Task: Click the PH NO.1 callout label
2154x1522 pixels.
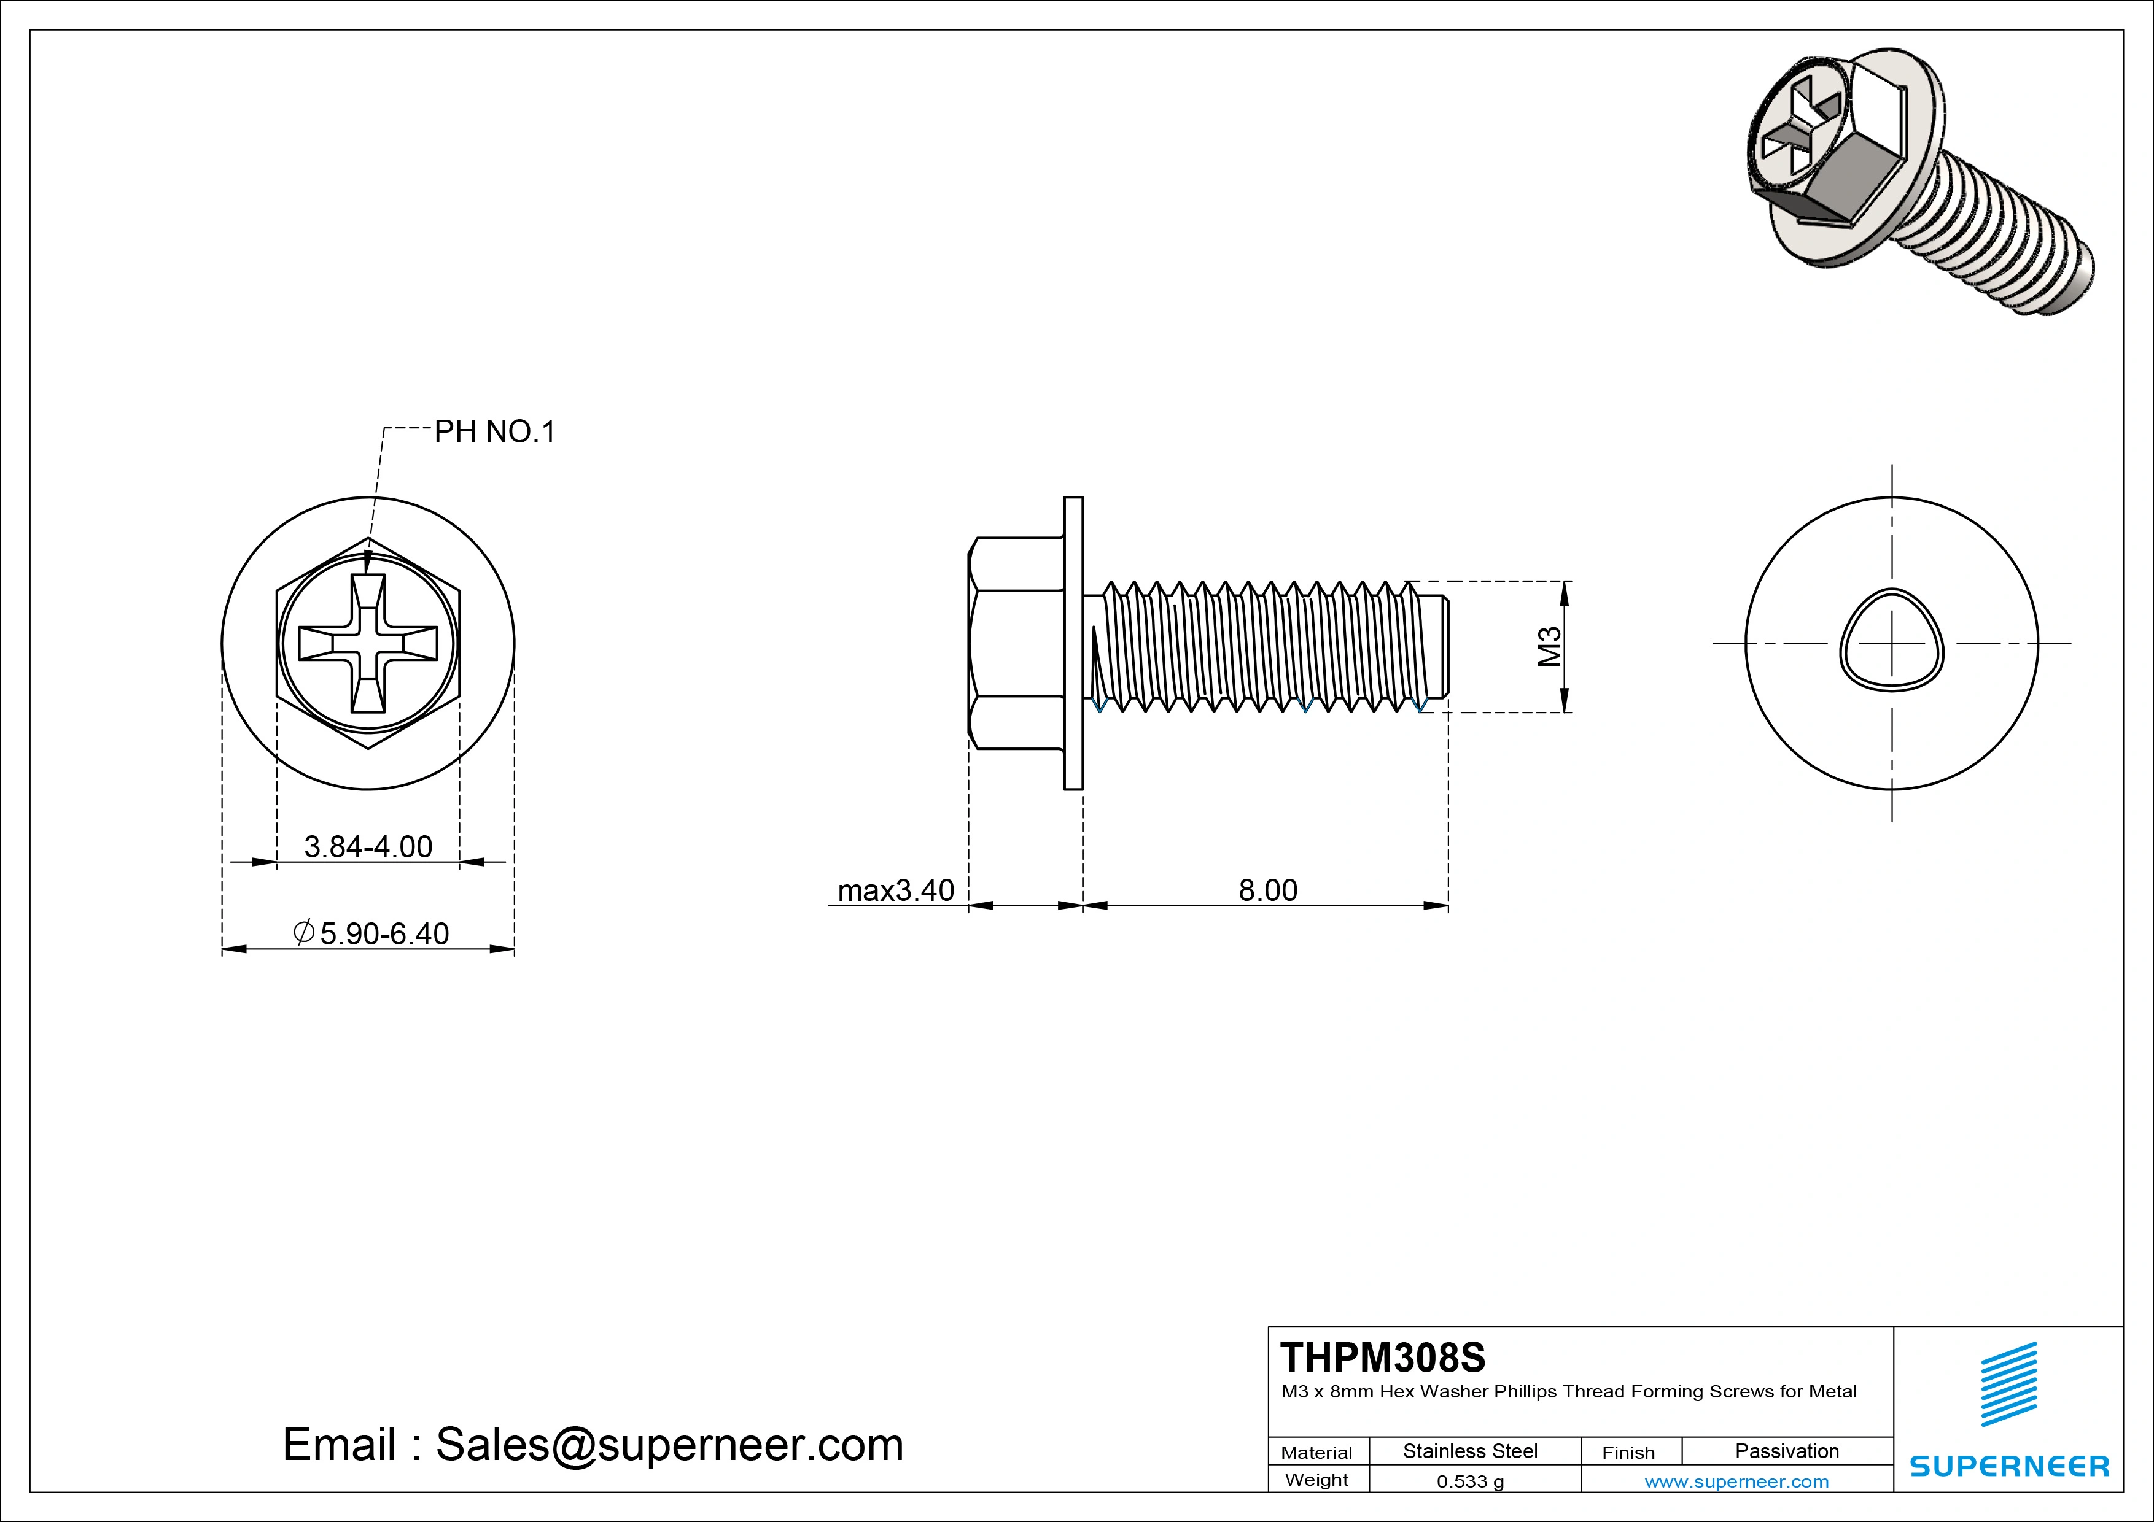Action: click(494, 431)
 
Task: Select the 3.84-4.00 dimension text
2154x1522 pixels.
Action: click(368, 847)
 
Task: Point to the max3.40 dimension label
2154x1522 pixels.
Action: click(895, 890)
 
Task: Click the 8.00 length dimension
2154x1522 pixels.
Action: click(1267, 890)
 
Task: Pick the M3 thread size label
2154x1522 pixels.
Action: click(1550, 646)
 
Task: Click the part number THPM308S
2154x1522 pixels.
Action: click(1383, 1357)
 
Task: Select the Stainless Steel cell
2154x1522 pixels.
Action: click(1469, 1451)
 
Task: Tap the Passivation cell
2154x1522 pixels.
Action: click(1786, 1451)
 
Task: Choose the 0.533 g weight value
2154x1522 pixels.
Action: click(1469, 1481)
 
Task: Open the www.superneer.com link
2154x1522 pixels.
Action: click(1736, 1481)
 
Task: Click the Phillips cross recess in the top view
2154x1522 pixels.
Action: click(368, 643)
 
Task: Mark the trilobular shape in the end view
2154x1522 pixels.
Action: click(1891, 641)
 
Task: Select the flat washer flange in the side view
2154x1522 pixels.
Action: click(1073, 643)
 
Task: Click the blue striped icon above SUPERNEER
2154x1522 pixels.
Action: click(2008, 1384)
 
